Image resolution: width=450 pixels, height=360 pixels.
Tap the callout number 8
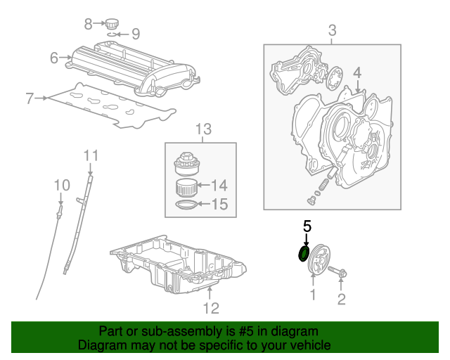89,24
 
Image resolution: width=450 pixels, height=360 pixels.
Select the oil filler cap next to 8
112,24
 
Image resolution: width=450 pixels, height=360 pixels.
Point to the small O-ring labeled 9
112,34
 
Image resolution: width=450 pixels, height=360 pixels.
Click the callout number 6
54,58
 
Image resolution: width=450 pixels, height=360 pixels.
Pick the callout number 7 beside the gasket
30,98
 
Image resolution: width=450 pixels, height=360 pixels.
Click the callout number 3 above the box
332,30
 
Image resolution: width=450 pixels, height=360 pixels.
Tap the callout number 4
357,73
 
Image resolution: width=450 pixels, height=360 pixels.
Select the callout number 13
203,129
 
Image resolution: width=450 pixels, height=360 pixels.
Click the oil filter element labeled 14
186,188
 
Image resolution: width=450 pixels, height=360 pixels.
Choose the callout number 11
91,155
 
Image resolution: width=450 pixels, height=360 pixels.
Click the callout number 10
62,185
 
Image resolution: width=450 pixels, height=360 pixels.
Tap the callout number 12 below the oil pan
211,308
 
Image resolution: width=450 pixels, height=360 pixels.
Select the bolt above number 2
337,271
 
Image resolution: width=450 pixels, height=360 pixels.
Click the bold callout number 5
307,226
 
